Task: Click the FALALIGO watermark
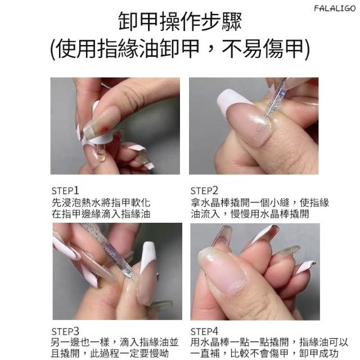pos(335,8)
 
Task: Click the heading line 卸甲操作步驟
pos(180,21)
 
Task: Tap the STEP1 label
pos(65,191)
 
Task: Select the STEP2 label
pos(204,191)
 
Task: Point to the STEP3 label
pos(65,331)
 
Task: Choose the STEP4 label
pos(204,331)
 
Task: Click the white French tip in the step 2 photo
pos(232,101)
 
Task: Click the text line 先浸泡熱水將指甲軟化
pos(101,202)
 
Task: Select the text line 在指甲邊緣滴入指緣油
pos(101,214)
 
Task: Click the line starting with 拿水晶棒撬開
pos(260,202)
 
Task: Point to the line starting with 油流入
pos(250,214)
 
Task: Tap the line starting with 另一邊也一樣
pos(115,343)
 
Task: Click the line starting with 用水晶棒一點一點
pos(269,343)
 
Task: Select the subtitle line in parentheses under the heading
pos(180,49)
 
